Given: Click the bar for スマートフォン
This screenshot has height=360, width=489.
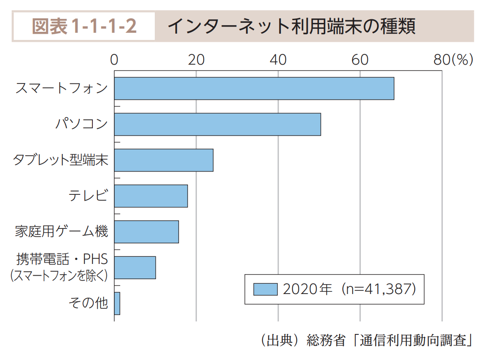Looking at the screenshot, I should [254, 88].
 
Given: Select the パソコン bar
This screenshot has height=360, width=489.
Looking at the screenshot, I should [218, 124].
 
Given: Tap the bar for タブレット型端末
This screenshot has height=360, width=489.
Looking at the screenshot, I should [164, 160].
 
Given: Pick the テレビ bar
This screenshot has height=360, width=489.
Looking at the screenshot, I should [151, 196].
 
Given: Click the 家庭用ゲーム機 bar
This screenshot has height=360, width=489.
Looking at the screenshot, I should [146, 232].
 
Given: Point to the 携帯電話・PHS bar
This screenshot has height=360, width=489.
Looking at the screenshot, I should [135, 268].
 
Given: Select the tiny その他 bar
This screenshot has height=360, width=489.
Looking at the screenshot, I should [117, 303].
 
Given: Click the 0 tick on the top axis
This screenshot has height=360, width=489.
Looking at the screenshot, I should [114, 60].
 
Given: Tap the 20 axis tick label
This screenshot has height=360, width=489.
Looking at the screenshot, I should [196, 60].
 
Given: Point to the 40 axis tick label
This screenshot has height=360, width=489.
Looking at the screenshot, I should [278, 60].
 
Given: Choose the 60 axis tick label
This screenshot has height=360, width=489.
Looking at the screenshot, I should [360, 60].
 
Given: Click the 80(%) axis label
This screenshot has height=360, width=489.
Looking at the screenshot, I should [453, 60].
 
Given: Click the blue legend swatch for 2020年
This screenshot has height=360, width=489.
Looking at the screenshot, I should [265, 289].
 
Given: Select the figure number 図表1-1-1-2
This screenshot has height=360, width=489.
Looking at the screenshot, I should [84, 26].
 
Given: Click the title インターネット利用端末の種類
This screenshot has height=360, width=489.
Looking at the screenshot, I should [291, 26].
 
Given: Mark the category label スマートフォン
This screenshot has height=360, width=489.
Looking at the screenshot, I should [61, 88].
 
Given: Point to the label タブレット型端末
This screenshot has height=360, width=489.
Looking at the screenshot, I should [61, 160].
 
